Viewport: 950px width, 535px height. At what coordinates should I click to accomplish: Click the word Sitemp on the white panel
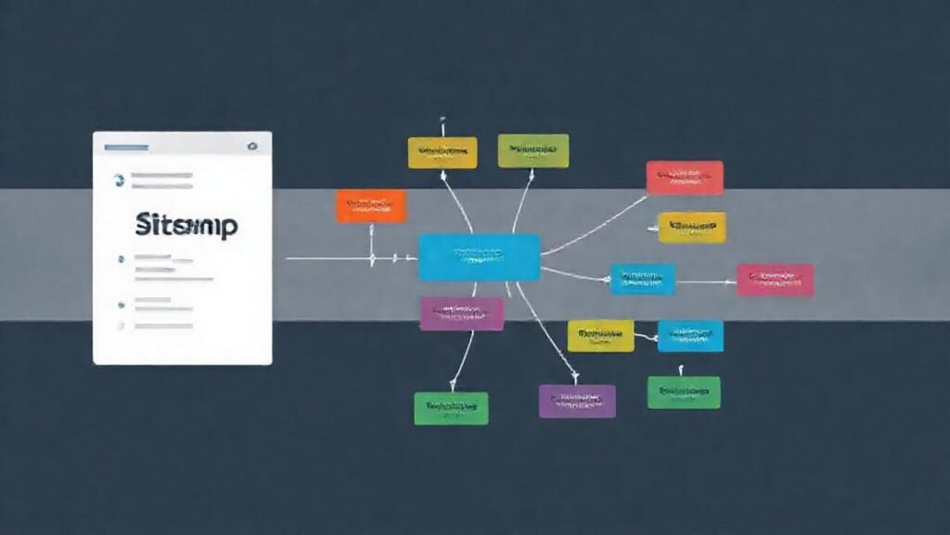tap(186, 225)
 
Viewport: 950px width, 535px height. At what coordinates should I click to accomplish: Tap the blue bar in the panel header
tap(126, 147)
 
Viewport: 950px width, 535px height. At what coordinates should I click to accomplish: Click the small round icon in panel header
tap(250, 147)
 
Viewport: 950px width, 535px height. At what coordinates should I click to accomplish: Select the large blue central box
tap(479, 257)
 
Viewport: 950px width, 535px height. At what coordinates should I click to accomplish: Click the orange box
tap(371, 206)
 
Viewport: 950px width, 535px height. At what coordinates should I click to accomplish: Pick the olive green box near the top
tap(533, 150)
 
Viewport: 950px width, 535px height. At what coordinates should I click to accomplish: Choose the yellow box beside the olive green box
tap(443, 152)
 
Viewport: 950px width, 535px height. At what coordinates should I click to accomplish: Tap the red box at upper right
tap(685, 177)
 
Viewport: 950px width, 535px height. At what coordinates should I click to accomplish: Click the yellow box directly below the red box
tap(692, 228)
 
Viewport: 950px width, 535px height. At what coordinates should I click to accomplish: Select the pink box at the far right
tap(775, 280)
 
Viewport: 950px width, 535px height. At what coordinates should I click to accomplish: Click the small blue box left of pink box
tap(642, 279)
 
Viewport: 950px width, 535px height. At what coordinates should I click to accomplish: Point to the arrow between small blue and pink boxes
tap(705, 281)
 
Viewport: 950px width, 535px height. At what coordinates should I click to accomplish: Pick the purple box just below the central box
tap(461, 314)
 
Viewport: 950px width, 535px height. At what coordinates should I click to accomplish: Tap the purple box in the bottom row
tap(577, 400)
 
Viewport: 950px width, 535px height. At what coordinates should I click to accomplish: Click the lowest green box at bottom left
tap(451, 408)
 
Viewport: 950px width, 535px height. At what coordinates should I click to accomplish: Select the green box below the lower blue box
tap(684, 392)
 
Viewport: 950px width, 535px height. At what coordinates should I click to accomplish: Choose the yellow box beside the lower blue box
tap(600, 335)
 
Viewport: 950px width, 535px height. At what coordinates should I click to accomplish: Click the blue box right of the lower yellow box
tap(690, 335)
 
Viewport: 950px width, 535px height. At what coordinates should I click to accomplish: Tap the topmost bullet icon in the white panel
tap(118, 179)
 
